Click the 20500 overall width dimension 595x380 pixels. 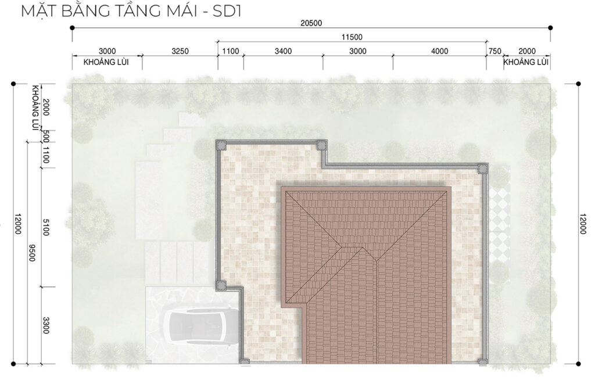311,23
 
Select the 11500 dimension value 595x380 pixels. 352,37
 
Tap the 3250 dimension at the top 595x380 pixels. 180,51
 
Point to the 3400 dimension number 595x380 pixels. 283,51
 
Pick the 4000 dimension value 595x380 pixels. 439,51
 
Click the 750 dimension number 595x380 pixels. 495,51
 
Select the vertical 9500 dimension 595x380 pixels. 32,252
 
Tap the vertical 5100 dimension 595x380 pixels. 46,227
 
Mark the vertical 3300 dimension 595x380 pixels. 46,325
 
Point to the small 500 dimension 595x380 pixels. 46,135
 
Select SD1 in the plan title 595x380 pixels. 227,11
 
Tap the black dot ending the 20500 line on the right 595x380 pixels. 550,28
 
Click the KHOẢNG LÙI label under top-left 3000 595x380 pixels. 106,62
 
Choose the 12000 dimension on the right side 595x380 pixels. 583,224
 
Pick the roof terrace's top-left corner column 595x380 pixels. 221,145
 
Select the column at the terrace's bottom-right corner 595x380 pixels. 482,361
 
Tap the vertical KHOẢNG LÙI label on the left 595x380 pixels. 35,108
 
